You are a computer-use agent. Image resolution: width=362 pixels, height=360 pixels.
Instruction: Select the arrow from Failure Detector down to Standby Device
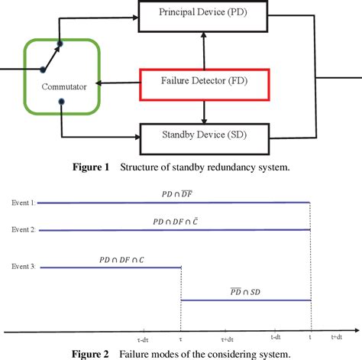pos(202,112)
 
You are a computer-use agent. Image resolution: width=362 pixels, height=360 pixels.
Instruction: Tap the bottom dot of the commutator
pos(60,100)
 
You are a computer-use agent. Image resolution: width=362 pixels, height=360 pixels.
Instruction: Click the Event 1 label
pos(22,203)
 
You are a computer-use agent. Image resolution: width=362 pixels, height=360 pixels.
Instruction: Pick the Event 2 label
pos(22,229)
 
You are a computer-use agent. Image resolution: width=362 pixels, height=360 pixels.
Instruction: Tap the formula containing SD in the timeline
pos(245,292)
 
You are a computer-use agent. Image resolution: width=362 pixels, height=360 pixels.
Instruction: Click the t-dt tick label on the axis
pos(279,337)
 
